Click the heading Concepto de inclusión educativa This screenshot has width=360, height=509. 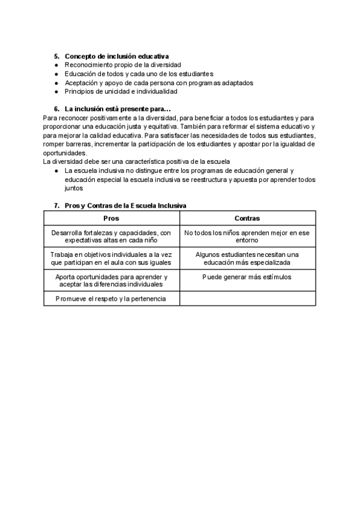[116, 55]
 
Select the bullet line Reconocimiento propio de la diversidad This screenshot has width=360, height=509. [122, 64]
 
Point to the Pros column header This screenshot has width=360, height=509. [112, 218]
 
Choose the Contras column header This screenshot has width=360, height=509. [247, 218]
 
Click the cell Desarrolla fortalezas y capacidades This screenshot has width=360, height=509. [112, 236]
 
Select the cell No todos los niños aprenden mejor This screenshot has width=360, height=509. [247, 236]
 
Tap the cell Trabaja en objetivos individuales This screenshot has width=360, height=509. [112, 258]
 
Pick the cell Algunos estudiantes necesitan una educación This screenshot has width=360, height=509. [247, 258]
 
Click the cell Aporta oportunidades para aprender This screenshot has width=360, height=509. [112, 280]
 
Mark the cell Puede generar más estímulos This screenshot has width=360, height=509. [247, 277]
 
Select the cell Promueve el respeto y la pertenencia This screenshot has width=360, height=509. [112, 298]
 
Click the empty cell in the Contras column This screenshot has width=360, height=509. [247, 298]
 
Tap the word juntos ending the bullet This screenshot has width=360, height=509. [74, 188]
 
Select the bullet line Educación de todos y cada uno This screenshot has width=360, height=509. [139, 73]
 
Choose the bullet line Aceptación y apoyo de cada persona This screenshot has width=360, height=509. [159, 82]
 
